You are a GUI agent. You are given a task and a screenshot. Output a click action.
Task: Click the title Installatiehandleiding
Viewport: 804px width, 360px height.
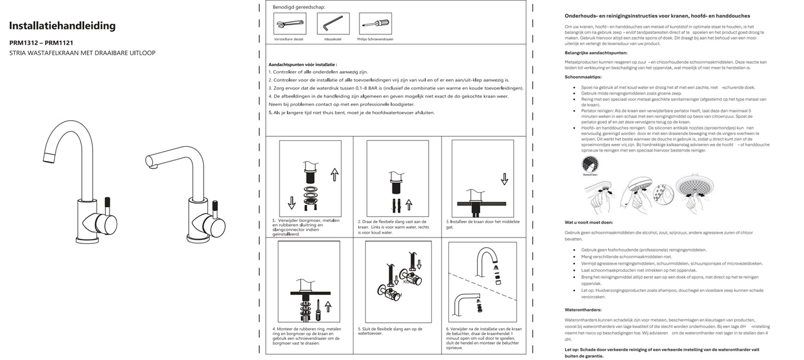pos(62,26)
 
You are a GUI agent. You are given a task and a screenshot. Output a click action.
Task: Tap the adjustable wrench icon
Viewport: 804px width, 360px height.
pos(290,25)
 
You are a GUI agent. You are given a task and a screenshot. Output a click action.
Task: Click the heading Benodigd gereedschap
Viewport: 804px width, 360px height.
pos(299,7)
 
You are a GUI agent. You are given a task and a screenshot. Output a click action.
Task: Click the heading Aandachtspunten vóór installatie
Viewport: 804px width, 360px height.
pos(303,64)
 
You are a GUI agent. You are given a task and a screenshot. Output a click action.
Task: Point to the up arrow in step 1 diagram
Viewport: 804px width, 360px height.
pos(334,174)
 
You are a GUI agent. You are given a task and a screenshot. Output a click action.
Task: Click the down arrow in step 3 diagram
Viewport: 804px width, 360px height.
pos(504,178)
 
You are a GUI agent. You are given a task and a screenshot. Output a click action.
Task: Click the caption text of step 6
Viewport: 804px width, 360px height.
pos(484,338)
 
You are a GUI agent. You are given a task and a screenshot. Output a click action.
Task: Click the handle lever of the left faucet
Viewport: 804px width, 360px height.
pos(108,203)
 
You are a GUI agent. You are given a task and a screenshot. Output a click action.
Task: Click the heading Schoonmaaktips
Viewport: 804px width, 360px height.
pos(583,77)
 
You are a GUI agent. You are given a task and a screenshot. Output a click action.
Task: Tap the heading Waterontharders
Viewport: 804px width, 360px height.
pos(583,310)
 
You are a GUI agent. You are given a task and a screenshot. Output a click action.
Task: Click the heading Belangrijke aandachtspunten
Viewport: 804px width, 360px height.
pos(596,53)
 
